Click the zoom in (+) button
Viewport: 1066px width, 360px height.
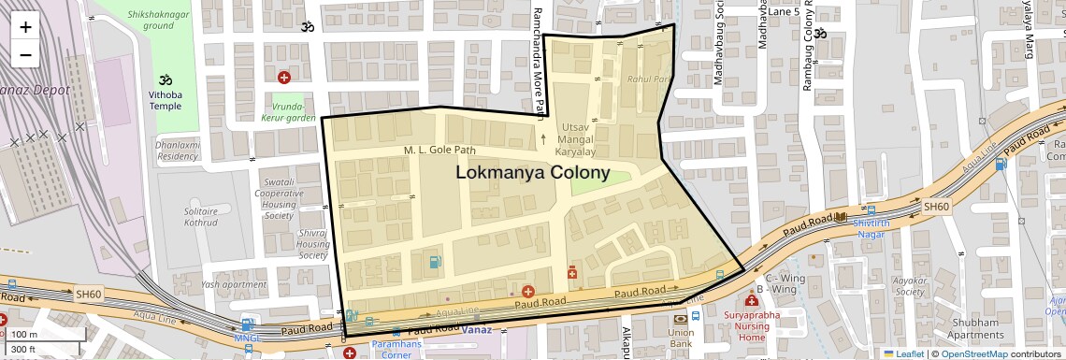[25, 26]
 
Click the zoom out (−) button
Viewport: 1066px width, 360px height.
[25, 54]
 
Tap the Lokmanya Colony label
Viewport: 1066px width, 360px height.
[532, 173]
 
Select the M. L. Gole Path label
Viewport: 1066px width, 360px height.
[439, 151]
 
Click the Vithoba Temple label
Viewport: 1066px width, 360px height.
[166, 100]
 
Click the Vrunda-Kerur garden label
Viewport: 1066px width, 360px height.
[288, 113]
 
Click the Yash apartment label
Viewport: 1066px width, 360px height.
[233, 284]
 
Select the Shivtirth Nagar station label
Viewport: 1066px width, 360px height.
[871, 229]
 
